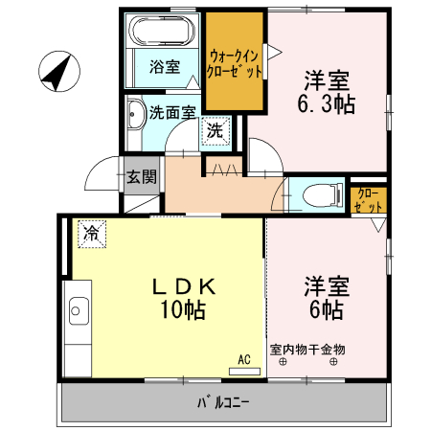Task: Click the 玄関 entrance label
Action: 140,176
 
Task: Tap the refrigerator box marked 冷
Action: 92,232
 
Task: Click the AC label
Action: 244,359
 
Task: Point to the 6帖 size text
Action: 326,309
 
